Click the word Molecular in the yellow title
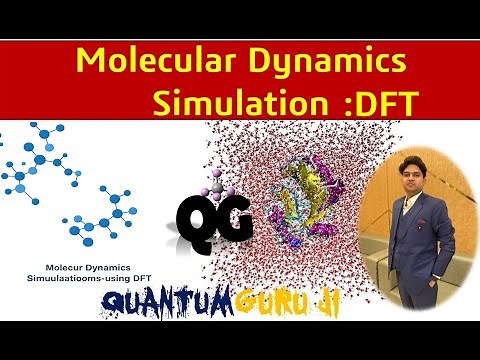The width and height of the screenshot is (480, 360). (x=147, y=62)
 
